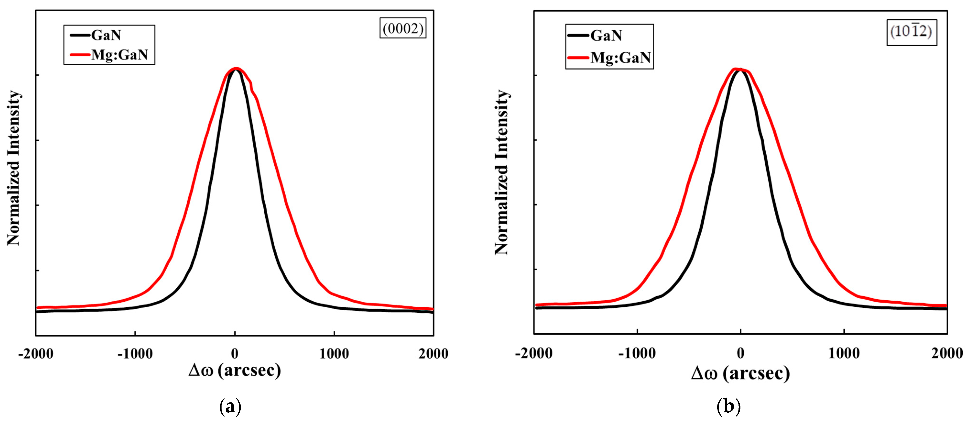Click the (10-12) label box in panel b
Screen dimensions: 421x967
click(x=912, y=32)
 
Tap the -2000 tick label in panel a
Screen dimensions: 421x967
click(x=36, y=354)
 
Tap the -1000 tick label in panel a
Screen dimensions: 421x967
click(x=135, y=354)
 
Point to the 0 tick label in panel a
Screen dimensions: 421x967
click(x=235, y=354)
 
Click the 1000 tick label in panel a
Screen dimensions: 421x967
click(x=334, y=354)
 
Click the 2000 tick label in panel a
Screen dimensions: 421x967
click(x=434, y=354)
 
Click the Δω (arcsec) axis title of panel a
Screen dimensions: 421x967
click(x=235, y=371)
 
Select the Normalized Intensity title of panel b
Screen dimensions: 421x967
click(x=501, y=173)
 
